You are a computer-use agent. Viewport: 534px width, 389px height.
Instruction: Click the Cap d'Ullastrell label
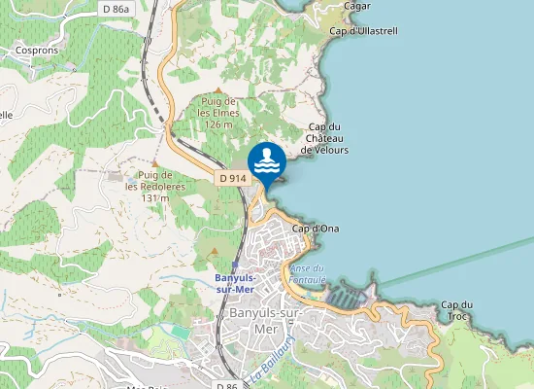click(364, 31)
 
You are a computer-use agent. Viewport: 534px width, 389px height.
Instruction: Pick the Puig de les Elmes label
click(218, 113)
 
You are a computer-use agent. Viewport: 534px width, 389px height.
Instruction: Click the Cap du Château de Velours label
click(325, 139)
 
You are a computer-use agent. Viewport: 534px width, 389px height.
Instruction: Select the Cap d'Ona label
click(315, 229)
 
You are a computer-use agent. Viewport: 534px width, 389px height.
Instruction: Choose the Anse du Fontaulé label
click(307, 273)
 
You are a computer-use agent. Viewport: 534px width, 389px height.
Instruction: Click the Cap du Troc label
click(456, 310)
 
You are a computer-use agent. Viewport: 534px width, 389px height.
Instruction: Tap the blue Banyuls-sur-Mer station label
click(234, 282)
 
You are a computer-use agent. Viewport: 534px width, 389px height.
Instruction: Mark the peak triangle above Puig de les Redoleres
click(154, 162)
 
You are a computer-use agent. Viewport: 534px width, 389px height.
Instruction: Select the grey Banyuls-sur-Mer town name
click(265, 320)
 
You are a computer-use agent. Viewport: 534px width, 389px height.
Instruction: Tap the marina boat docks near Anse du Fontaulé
click(343, 294)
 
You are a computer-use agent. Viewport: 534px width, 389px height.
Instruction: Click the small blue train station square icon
click(234, 265)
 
